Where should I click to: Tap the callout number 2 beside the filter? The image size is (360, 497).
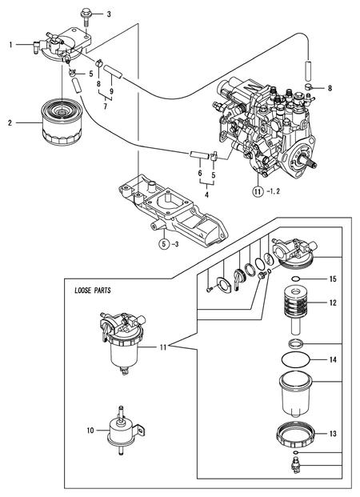point(10,122)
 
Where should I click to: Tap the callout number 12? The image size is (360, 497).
point(333,303)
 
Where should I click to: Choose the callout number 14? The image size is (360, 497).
point(333,360)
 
